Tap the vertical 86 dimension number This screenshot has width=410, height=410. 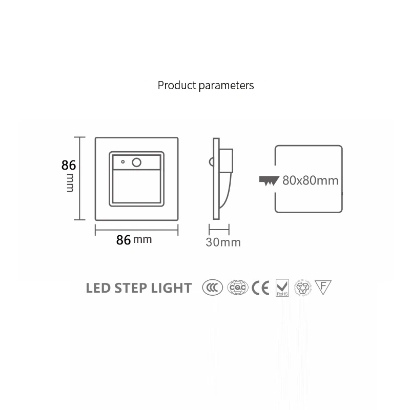[x=69, y=166]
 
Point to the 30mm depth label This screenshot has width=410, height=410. [x=223, y=242]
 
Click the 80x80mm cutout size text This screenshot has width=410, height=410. [x=311, y=180]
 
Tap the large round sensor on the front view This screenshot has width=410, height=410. [x=137, y=162]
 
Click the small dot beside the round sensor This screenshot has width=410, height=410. [x=123, y=162]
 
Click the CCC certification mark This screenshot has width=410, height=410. [x=212, y=288]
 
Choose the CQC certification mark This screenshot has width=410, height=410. [x=238, y=288]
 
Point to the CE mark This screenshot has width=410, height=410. [x=260, y=288]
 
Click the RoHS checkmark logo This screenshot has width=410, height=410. [x=282, y=288]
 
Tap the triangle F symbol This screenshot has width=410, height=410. [x=323, y=287]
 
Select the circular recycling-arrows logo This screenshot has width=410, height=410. [x=302, y=288]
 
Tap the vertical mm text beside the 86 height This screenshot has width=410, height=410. [x=70, y=182]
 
